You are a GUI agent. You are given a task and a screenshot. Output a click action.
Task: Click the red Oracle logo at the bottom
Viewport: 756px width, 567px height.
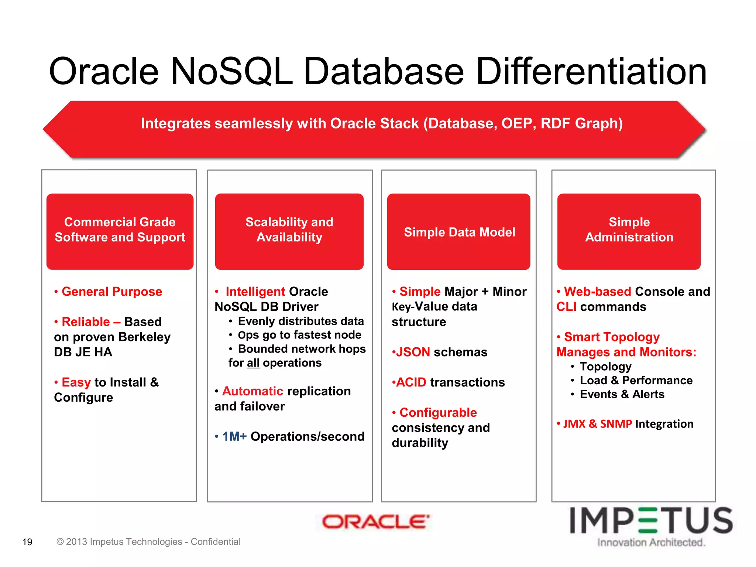click(x=375, y=522)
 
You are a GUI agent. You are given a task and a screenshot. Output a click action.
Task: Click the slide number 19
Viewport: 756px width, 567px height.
click(x=27, y=542)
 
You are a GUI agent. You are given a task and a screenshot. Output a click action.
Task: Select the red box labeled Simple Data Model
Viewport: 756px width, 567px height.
click(x=459, y=232)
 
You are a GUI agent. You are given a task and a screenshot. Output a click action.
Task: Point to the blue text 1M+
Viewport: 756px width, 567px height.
click(x=234, y=436)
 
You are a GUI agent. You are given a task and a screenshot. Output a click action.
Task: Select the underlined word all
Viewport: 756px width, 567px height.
click(x=253, y=363)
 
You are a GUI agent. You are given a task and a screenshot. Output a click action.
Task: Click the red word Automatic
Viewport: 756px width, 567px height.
click(x=252, y=391)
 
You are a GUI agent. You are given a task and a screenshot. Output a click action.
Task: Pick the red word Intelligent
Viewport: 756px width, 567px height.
click(x=255, y=292)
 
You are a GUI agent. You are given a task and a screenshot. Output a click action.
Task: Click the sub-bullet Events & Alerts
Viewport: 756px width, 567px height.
click(x=622, y=394)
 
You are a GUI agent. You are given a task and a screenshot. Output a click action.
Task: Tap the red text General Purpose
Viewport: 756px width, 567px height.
click(x=112, y=292)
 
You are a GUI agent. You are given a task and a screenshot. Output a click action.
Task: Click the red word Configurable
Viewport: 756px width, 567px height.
click(x=438, y=412)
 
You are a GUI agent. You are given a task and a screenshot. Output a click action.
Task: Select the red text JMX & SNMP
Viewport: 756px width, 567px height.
click(x=598, y=424)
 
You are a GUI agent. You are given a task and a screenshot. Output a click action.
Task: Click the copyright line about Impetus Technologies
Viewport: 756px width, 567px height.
click(x=148, y=542)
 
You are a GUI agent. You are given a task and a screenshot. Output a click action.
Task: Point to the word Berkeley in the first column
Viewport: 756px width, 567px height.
click(x=144, y=337)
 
